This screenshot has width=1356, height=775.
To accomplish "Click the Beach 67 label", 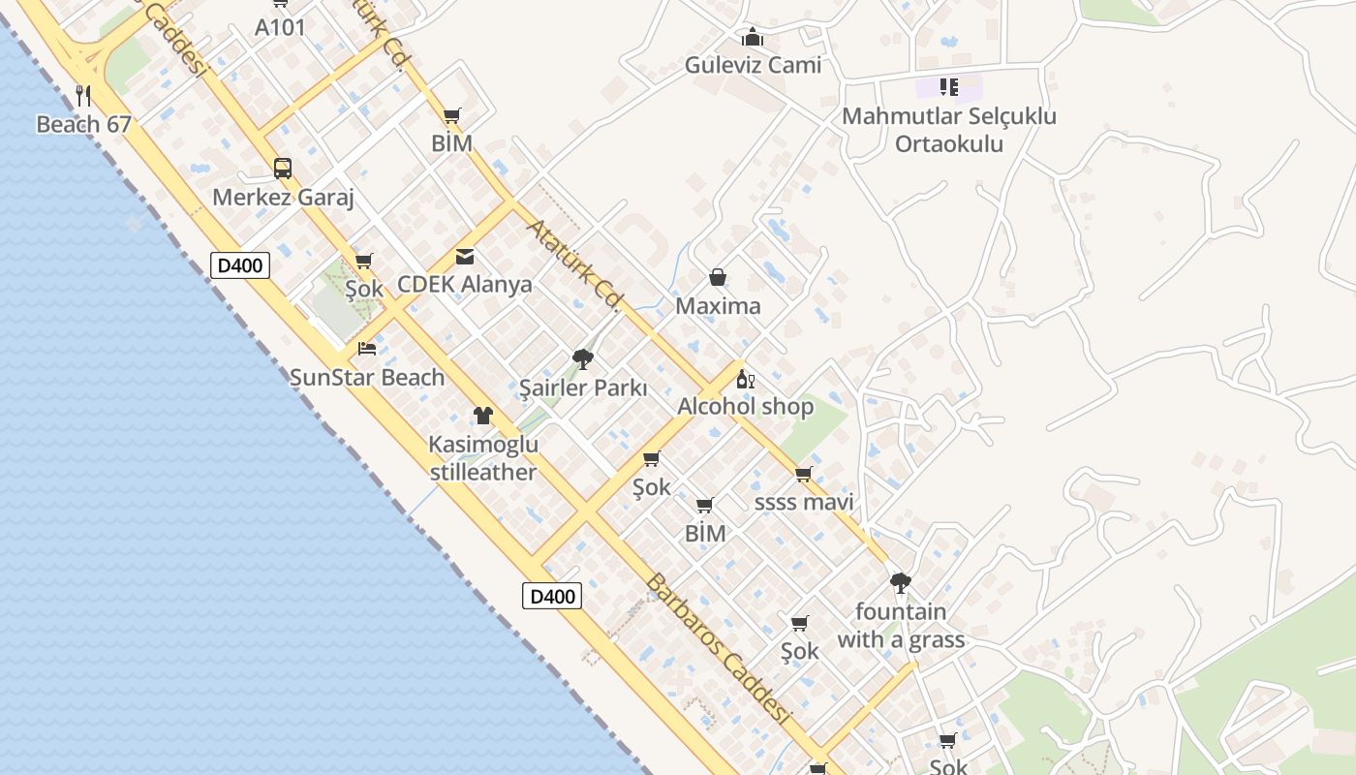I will tap(83, 125).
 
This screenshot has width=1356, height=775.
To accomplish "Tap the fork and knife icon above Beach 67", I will tap(83, 95).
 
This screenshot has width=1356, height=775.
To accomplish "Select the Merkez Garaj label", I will tap(283, 198).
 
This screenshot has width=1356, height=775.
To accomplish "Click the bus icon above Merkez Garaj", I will tap(282, 169).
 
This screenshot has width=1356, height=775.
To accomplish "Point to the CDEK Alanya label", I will tap(465, 285).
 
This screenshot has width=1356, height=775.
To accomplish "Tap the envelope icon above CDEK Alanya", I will tap(465, 257).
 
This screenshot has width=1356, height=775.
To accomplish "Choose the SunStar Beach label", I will tap(367, 378).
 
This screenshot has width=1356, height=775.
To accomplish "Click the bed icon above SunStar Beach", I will tap(367, 349).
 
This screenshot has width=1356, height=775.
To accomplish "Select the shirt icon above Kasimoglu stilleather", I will tap(483, 416).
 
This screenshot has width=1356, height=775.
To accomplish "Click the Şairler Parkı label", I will tap(583, 388).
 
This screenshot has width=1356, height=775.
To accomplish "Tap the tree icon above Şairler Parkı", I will tap(583, 359).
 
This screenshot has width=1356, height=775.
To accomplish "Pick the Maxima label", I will tap(718, 307).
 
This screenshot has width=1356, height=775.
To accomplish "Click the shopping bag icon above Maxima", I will tap(718, 278).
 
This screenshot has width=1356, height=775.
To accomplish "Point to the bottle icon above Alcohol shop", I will tap(745, 379).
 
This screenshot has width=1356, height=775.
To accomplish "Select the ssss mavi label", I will tap(804, 503).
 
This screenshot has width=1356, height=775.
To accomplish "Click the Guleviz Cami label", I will tap(753, 66).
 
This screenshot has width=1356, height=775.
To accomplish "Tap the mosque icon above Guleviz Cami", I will tap(753, 38).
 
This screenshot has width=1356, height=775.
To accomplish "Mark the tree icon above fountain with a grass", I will tap(901, 583).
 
